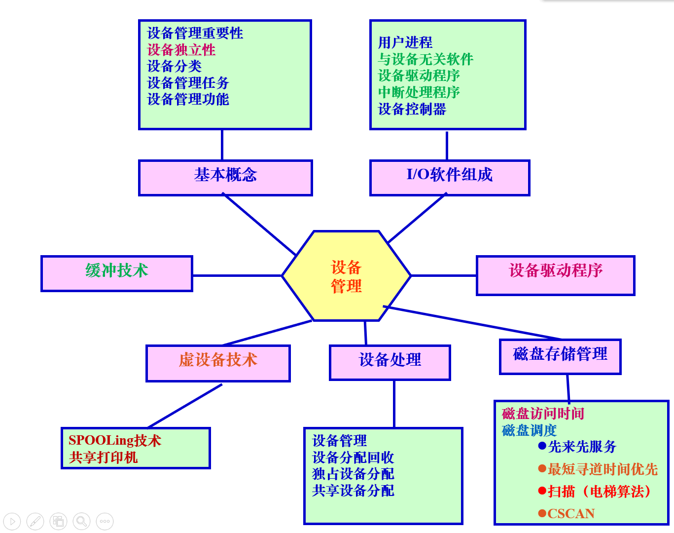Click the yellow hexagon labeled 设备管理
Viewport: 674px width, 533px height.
click(346, 276)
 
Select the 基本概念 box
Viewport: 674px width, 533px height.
click(225, 177)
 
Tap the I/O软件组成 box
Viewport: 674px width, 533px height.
click(449, 177)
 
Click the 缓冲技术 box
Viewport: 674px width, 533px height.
click(116, 273)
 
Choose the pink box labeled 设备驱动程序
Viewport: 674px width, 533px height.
click(555, 275)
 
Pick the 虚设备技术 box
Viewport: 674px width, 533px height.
click(218, 363)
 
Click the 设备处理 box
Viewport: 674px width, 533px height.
click(390, 362)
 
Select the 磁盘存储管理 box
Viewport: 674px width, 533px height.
click(560, 356)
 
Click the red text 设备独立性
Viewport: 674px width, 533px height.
click(181, 50)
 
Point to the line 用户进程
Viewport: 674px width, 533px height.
click(405, 42)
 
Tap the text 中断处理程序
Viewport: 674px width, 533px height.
click(419, 92)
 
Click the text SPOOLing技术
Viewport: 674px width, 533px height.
click(114, 440)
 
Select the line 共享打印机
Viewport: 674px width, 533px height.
click(104, 457)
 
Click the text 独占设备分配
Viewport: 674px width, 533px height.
click(353, 474)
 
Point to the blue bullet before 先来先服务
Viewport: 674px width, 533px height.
click(542, 446)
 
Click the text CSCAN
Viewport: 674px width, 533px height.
click(571, 514)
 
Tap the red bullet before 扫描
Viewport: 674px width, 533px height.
click(542, 491)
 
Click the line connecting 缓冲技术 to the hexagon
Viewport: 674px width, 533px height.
click(237, 275)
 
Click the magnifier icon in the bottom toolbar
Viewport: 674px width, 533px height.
click(82, 521)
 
